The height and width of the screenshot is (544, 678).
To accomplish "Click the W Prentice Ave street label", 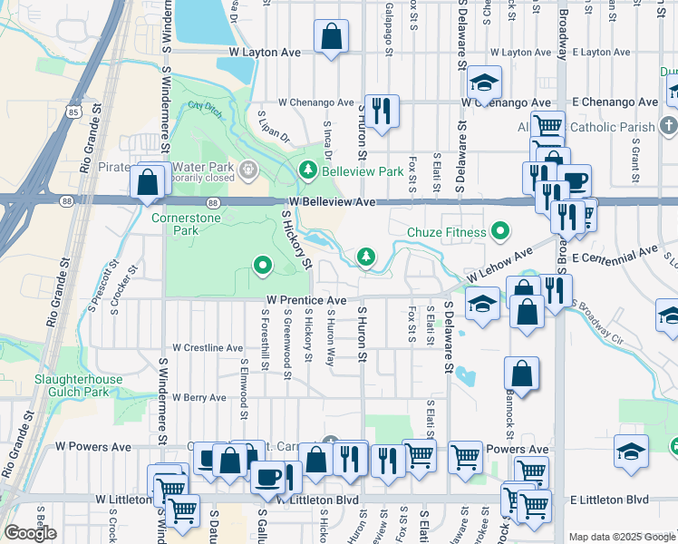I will (306, 300).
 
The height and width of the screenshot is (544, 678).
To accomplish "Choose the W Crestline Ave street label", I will (208, 348).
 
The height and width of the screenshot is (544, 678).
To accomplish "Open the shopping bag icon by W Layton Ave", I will (332, 38).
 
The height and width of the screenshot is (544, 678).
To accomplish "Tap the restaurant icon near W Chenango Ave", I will (382, 112).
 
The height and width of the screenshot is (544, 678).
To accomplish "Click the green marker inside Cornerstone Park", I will (263, 266).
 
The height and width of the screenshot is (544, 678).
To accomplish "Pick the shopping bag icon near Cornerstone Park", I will (147, 182).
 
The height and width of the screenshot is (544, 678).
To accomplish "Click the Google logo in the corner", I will (30, 533).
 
